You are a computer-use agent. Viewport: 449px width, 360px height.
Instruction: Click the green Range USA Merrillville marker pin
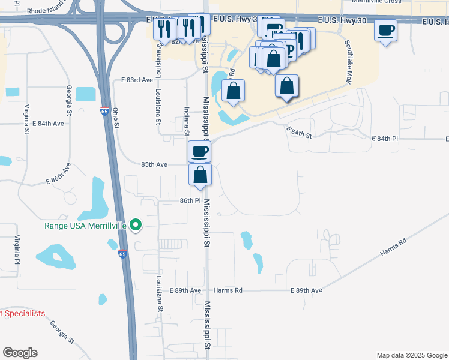click(136, 225)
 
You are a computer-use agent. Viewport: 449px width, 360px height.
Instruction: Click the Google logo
click(20, 353)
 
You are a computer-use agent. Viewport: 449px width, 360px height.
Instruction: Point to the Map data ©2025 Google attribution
click(411, 355)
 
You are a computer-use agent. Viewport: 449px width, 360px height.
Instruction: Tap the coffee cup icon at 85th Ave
click(200, 151)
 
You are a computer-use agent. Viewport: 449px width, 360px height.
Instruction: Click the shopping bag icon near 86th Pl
click(200, 175)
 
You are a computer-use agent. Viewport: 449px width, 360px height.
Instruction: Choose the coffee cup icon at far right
click(385, 29)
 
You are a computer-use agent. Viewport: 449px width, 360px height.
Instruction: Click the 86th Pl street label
click(190, 201)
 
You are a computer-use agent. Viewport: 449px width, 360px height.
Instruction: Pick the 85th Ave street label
click(154, 164)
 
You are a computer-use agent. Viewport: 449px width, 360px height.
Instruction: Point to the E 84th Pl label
click(385, 139)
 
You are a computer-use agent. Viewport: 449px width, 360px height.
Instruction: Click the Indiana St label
click(187, 121)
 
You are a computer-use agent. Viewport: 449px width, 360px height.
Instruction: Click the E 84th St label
click(299, 133)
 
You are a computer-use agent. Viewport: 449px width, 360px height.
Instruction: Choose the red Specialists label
click(22, 313)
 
